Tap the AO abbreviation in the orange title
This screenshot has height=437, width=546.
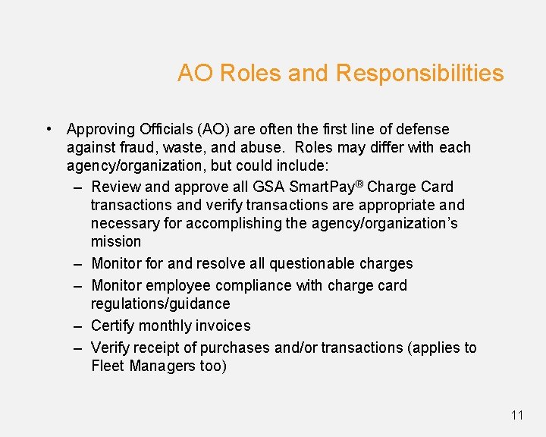pos(193,74)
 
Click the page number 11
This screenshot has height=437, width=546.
pos(517,414)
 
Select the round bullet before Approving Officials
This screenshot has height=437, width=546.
pos(48,129)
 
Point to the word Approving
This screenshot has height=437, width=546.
pos(101,130)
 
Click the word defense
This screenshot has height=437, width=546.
pos(422,129)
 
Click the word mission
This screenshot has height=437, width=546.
pos(115,241)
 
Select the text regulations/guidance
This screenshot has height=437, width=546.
pos(160,303)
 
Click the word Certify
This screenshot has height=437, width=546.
pos(115,325)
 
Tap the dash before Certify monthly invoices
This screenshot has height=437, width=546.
pos(78,325)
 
